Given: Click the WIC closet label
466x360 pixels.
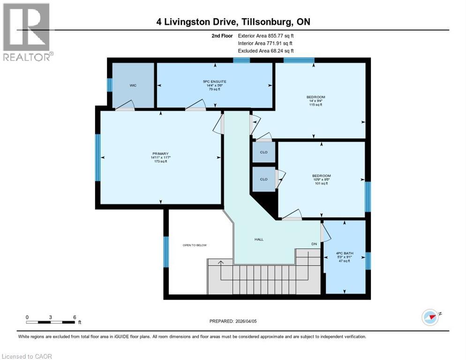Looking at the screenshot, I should (133, 86).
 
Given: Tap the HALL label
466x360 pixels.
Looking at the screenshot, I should (259, 239).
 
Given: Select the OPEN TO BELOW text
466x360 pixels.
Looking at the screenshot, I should (195, 245).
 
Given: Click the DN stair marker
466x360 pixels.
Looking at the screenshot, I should (315, 244).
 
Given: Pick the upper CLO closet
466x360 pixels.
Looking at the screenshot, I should (263, 152).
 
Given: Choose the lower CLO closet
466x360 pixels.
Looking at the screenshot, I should (263, 179).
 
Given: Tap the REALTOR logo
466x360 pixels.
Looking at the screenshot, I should (27, 32).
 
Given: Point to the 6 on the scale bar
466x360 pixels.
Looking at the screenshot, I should (75, 317).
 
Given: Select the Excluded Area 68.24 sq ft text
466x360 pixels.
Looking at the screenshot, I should (266, 51).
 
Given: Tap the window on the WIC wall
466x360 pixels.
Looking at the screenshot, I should (109, 85).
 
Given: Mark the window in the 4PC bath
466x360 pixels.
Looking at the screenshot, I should (368, 261).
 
